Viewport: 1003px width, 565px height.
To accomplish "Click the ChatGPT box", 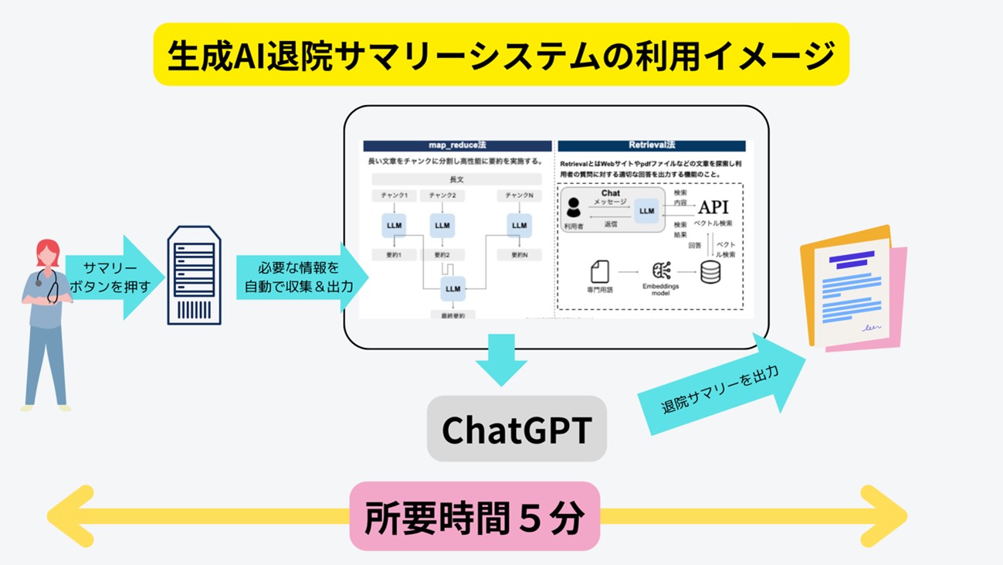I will pyautogui.click(x=517, y=429).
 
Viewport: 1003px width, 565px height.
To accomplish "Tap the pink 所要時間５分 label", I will pyautogui.click(x=474, y=516).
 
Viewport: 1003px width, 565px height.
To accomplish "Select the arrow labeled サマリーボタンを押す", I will pyautogui.click(x=114, y=277).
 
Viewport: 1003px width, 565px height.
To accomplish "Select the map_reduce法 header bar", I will pyautogui.click(x=457, y=145).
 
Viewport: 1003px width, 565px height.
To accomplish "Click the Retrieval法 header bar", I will pyautogui.click(x=652, y=145).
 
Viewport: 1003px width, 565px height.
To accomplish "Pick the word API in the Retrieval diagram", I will pyautogui.click(x=713, y=207).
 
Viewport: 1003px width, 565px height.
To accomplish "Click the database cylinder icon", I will pyautogui.click(x=710, y=271).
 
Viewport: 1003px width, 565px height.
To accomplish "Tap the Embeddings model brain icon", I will pyautogui.click(x=661, y=271).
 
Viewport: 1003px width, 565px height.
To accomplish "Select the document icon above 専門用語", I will pyautogui.click(x=599, y=271).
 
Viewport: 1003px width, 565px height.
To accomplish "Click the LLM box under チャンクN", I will pyautogui.click(x=519, y=225).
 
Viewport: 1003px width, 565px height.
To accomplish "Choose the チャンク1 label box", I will pyautogui.click(x=394, y=196).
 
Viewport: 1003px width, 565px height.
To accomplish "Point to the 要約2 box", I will pyautogui.click(x=442, y=254).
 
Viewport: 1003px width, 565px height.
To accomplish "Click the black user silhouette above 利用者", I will pyautogui.click(x=574, y=207).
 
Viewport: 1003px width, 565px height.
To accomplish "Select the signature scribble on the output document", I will pyautogui.click(x=872, y=327).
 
